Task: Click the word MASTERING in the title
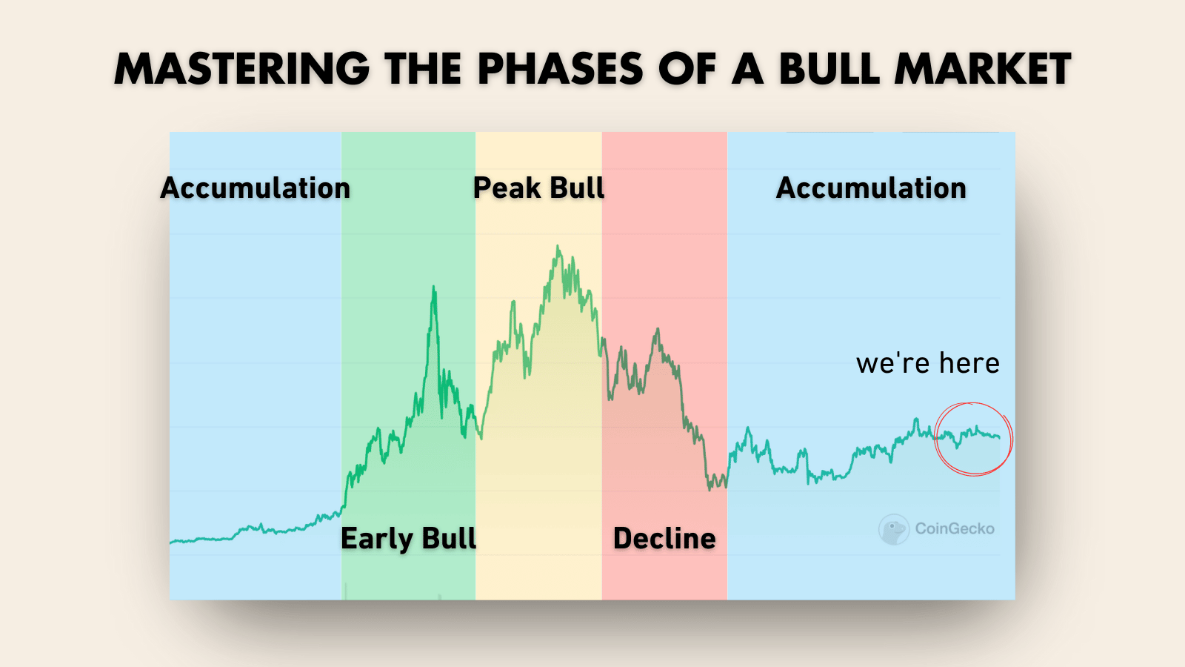point(241,70)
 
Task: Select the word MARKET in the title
point(982,70)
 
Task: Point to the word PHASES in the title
point(561,70)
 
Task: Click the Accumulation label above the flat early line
point(255,188)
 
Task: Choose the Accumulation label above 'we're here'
point(871,188)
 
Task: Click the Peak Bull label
point(538,188)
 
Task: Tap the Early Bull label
point(408,538)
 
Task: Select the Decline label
point(664,538)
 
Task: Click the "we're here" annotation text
point(928,364)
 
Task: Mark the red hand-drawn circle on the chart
point(936,439)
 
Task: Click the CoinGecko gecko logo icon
point(893,529)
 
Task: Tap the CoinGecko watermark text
point(955,529)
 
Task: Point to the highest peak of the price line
point(558,246)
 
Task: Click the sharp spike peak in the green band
point(434,288)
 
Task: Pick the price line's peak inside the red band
point(658,329)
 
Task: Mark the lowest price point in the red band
point(710,490)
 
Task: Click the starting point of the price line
point(170,542)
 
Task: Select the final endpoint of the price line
point(999,437)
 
